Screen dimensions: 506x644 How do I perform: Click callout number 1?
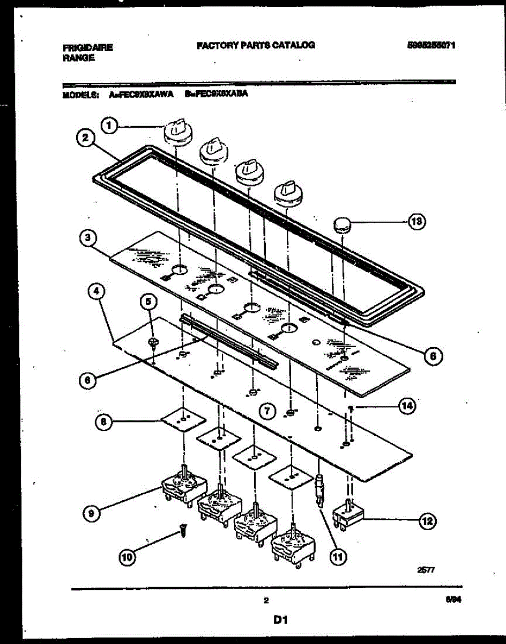(x=109, y=126)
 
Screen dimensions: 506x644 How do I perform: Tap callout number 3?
(x=85, y=238)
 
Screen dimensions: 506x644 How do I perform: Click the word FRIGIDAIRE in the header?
(x=88, y=47)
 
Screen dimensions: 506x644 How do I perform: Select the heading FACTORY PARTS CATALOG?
(x=256, y=45)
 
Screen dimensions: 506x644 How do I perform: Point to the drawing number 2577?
(x=427, y=573)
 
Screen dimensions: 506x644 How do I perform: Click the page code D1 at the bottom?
(x=281, y=620)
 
